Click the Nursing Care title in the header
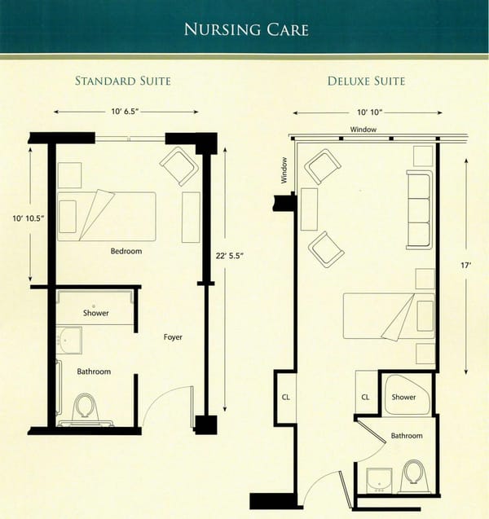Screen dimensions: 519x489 (245, 30)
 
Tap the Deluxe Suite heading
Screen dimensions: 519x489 (366, 81)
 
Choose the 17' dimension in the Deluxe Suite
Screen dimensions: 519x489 (465, 265)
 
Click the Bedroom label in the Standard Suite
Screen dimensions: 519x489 (126, 251)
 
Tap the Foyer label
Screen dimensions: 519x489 (172, 336)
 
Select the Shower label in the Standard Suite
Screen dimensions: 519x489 (95, 313)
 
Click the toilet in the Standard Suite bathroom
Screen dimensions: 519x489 (86, 407)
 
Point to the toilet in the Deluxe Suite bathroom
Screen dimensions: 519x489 (413, 476)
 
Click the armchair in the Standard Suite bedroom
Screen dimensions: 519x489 (179, 165)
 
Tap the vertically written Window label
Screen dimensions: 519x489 (284, 170)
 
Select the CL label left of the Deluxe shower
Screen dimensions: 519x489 (365, 397)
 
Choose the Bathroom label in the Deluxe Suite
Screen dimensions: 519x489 (407, 436)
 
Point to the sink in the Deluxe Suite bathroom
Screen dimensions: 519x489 (378, 480)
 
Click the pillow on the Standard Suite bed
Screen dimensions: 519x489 (68, 216)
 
